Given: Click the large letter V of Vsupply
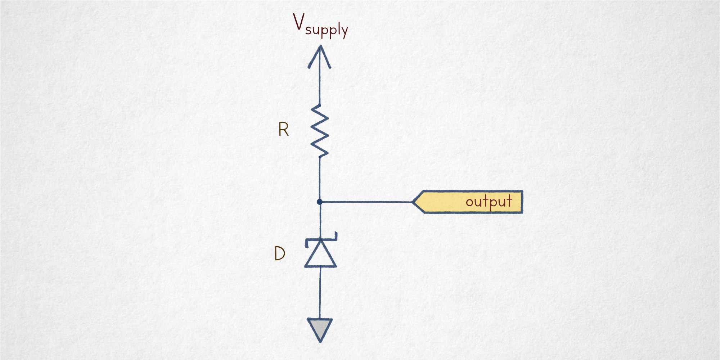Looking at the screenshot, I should (x=299, y=22).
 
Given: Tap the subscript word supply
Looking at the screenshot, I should (x=327, y=30).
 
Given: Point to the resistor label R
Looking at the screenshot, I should (x=283, y=130).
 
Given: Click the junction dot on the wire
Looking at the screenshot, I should (x=319, y=202).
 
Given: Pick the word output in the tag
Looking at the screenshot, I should (x=489, y=202).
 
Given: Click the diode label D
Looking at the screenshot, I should (x=279, y=253).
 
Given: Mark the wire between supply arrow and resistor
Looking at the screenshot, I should (x=319, y=86).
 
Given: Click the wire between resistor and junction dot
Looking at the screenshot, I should (x=319, y=178).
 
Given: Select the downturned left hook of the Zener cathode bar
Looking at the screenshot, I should (x=307, y=243).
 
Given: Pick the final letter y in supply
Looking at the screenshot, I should (x=344, y=32).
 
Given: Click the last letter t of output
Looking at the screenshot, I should (x=508, y=200).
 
